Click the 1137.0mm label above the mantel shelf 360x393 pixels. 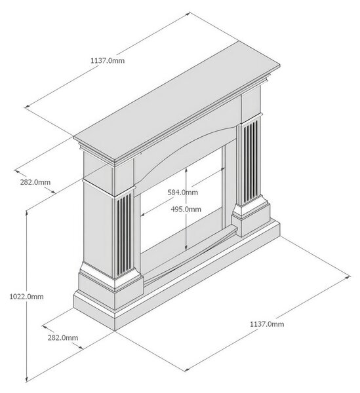108,60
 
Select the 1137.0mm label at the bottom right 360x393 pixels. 267,324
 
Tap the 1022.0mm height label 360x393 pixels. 26,297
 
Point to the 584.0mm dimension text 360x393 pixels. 183,192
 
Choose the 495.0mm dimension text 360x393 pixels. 186,209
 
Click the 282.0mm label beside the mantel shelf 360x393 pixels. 35,182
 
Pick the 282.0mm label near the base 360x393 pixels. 63,337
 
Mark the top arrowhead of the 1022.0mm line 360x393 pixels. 27,212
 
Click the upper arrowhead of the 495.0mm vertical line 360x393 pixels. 186,170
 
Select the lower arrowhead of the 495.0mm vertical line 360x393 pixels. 186,247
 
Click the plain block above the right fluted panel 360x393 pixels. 251,105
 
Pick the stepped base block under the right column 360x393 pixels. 251,215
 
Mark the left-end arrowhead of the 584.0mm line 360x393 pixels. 143,214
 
